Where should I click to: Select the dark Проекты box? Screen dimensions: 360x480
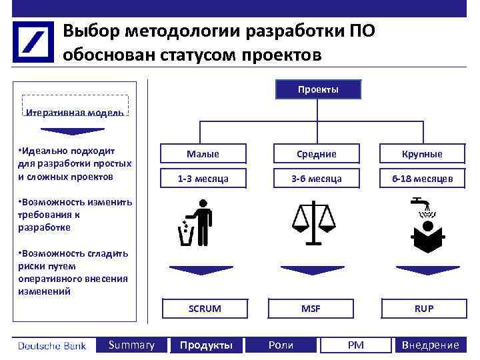point(318,89)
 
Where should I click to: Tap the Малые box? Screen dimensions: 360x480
point(203,154)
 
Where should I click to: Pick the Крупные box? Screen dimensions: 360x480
point(422,154)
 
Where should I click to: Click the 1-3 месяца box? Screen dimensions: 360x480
point(203,179)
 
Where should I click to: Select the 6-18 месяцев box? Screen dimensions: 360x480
point(422,179)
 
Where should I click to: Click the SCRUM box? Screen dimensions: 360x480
point(205,309)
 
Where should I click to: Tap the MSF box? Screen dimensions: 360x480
point(311,309)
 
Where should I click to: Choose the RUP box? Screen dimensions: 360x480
point(423,309)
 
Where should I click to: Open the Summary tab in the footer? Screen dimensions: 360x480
point(131,345)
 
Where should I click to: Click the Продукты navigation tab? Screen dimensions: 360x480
point(206,345)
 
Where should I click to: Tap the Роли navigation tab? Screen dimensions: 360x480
point(281,345)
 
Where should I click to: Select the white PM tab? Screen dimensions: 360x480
point(356,345)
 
